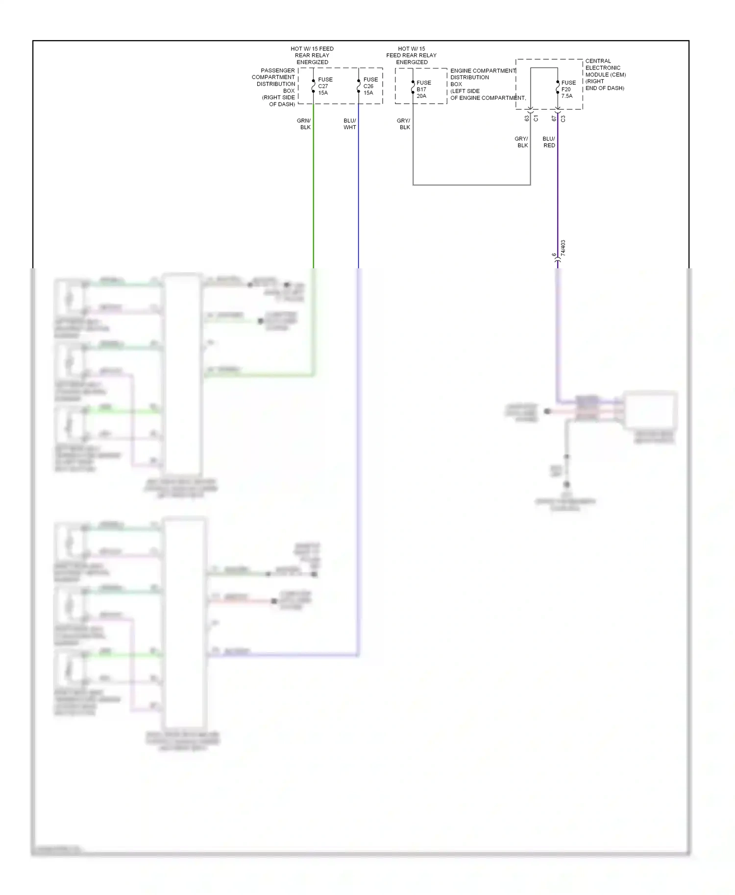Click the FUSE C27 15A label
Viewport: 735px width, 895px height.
pos(325,86)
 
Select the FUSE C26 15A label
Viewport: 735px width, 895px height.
pos(370,86)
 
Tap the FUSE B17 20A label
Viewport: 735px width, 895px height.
pos(423,90)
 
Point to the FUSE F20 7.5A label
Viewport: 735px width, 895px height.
pos(568,90)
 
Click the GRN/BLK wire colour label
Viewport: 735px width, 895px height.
pos(304,124)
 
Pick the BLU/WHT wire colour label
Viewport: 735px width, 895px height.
pos(350,124)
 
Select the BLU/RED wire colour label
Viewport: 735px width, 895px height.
pos(549,142)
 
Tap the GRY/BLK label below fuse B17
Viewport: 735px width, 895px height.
pos(403,124)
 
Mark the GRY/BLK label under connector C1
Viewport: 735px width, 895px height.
pos(521,142)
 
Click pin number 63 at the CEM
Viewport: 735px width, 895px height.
pos(527,118)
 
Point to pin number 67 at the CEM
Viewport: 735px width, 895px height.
pos(554,118)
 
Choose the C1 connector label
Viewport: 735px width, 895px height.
pos(536,118)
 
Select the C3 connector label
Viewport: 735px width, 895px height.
pos(563,118)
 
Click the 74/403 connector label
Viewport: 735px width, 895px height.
pos(563,248)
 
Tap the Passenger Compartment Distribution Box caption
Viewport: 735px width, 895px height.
pos(274,87)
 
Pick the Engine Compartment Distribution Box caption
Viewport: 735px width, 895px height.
pos(483,84)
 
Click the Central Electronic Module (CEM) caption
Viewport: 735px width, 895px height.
pos(605,74)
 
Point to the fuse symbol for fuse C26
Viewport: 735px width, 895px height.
pos(358,86)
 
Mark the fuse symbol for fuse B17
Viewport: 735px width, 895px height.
pos(413,87)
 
